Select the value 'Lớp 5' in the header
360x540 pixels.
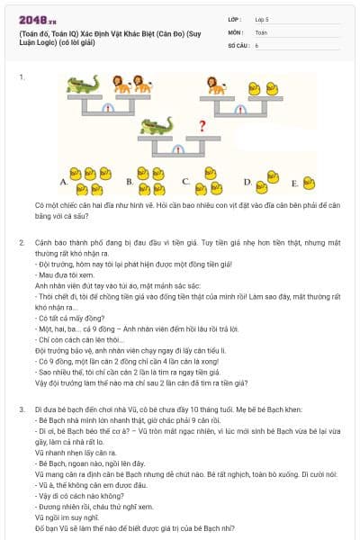click(x=262, y=19)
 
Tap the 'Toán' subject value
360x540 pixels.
click(x=261, y=31)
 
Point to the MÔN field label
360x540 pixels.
click(x=235, y=31)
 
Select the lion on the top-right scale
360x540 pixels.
click(x=216, y=85)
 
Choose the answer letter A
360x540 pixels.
click(x=63, y=182)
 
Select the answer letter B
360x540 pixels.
click(x=129, y=182)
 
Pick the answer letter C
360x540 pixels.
click(x=184, y=181)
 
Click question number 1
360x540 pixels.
click(x=21, y=77)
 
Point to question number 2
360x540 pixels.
click(x=21, y=242)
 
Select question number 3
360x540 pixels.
click(x=21, y=409)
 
